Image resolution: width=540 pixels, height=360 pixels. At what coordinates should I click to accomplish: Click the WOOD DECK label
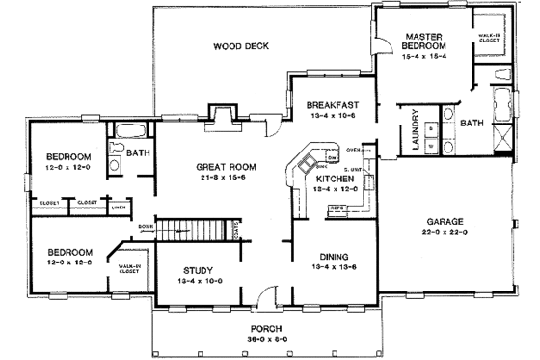(241, 45)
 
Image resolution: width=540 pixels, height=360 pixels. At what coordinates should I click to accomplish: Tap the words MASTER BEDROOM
(424, 41)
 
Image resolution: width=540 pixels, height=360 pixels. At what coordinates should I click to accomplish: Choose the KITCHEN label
(332, 179)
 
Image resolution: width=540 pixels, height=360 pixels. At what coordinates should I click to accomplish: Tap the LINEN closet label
(117, 208)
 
